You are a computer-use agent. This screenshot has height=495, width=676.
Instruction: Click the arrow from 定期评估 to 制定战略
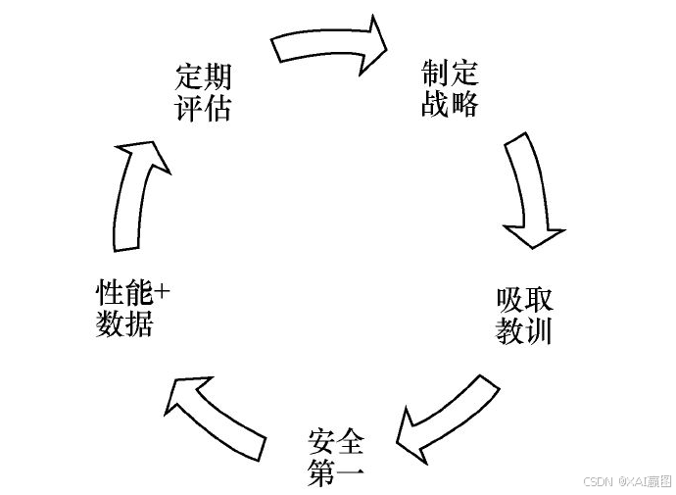328,41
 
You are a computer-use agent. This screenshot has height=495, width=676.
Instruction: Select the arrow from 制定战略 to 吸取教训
529,191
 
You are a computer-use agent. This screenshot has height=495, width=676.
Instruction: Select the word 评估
203,107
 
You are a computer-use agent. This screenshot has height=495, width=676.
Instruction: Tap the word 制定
450,74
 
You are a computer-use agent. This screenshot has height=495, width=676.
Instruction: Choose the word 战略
450,103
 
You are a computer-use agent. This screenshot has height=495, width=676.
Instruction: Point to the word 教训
524,330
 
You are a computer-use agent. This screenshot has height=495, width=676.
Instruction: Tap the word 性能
123,292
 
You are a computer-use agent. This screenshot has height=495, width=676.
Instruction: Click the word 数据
124,322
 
